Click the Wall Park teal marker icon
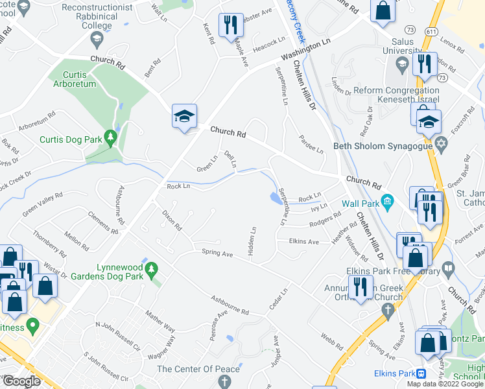point(388,201)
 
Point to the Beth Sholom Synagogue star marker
point(442,146)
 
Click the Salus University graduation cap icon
point(401,64)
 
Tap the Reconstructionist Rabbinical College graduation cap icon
point(97,39)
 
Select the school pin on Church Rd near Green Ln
point(183,117)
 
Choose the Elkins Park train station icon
point(421,373)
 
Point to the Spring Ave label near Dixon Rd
point(217,253)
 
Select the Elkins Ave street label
point(304,242)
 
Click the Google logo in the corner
point(21,381)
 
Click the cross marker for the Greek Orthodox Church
point(388,312)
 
